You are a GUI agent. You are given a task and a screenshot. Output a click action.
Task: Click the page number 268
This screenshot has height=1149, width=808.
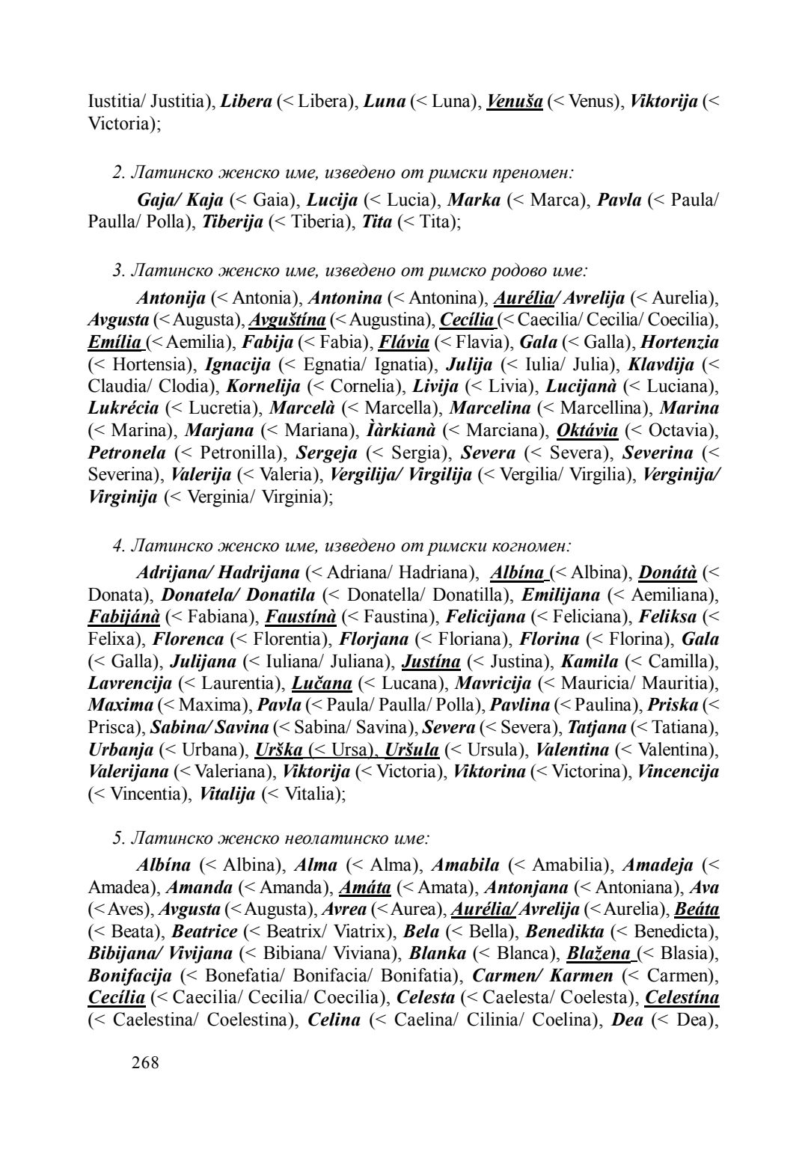click(145, 1062)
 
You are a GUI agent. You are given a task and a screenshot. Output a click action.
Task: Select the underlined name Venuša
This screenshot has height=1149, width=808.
click(514, 101)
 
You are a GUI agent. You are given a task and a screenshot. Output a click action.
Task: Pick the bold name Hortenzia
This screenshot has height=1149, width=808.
click(680, 343)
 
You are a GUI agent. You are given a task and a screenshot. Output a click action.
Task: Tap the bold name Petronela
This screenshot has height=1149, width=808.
click(127, 453)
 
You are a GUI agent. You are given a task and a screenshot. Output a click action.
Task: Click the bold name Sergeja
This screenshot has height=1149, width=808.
click(327, 453)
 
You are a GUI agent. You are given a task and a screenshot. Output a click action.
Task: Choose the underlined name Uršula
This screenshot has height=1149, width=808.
click(411, 750)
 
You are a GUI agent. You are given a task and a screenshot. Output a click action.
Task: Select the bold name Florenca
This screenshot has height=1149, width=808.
click(189, 640)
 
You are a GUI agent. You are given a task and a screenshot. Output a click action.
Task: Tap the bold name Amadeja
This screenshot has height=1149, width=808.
click(658, 865)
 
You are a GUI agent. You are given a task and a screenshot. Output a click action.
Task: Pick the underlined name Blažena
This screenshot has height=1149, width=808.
click(599, 954)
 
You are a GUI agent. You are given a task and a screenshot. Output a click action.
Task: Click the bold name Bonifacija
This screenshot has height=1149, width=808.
click(130, 976)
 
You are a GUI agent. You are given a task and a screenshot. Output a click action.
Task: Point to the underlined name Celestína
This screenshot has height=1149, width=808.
click(682, 998)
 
